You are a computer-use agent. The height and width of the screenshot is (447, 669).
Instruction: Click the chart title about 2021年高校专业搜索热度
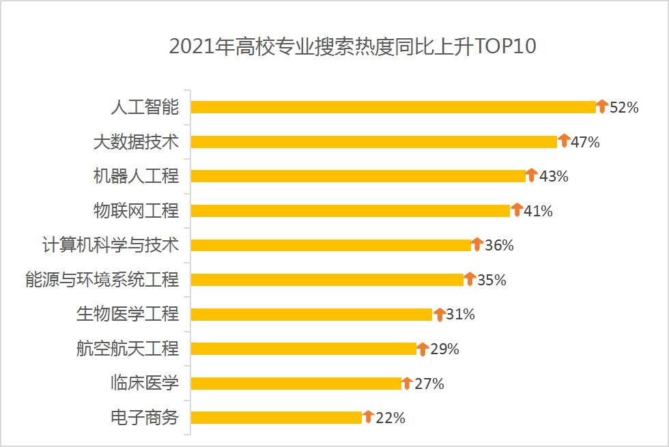pos(352,46)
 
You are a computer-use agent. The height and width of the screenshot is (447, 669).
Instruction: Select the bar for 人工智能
pos(393,107)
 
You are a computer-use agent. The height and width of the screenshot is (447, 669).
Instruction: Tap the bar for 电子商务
pos(276,418)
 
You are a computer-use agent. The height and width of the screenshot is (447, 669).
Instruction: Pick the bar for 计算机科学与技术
pos(330,245)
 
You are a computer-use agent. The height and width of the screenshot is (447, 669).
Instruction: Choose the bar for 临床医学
pos(296,384)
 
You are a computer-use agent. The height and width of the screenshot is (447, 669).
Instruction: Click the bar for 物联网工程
pos(350,211)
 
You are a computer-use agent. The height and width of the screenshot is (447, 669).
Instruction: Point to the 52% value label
pos(624,107)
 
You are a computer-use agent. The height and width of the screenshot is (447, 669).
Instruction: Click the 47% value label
pos(585,142)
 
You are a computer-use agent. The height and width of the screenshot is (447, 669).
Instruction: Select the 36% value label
pos(499,245)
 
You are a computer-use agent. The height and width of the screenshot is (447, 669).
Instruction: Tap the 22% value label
pos(390,418)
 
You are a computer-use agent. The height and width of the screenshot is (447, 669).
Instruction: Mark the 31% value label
pos(460,315)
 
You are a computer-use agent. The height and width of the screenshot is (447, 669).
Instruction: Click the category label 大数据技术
pos(136,142)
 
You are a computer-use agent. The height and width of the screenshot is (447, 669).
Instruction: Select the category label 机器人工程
pos(136,176)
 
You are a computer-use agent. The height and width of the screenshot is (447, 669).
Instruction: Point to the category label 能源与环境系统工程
pos(102,279)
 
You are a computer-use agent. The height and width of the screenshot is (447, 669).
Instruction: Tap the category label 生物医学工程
pos(128,314)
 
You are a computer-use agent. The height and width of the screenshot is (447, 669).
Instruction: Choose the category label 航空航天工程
pos(128,349)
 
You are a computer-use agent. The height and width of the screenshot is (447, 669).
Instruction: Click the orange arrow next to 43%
pos(532,175)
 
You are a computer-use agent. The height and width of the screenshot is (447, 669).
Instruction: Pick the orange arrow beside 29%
pos(423,348)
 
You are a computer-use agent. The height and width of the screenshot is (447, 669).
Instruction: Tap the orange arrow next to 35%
pos(470,278)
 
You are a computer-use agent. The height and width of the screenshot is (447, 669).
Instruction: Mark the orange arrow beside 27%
pos(407,382)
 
